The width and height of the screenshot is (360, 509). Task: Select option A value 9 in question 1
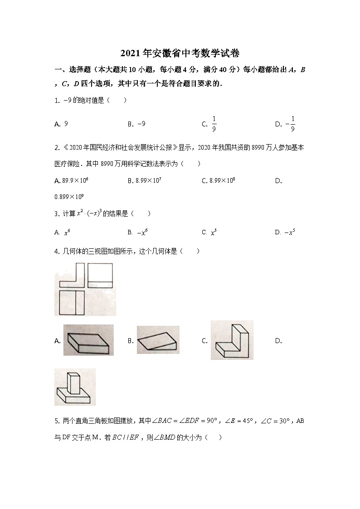(66, 123)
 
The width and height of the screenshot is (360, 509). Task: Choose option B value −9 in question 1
(141, 123)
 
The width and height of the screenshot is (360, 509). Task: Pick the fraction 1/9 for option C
(214, 124)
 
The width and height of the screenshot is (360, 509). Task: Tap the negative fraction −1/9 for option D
(291, 124)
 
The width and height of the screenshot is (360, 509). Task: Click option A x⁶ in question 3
(67, 232)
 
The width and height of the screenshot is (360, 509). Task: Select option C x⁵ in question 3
(214, 232)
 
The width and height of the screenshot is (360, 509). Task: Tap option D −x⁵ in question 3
(290, 232)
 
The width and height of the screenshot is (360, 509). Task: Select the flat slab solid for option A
(88, 340)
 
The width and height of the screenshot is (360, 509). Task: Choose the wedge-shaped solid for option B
(158, 340)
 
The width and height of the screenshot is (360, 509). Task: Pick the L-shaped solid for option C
(232, 340)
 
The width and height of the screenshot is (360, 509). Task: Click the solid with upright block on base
(75, 387)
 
